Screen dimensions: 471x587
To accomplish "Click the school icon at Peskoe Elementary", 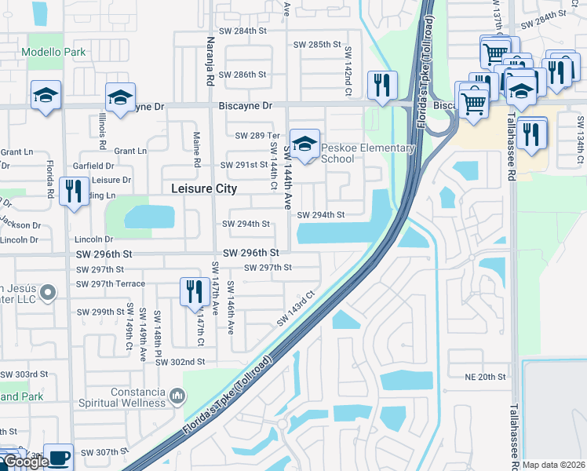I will (305, 144).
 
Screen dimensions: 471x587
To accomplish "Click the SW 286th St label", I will (244, 75).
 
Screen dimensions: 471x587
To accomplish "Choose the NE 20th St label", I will (485, 378).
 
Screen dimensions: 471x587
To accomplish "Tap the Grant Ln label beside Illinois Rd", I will (130, 151).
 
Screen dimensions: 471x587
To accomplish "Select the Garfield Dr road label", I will (93, 166).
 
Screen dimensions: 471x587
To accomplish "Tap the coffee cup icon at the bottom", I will (58, 458).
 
